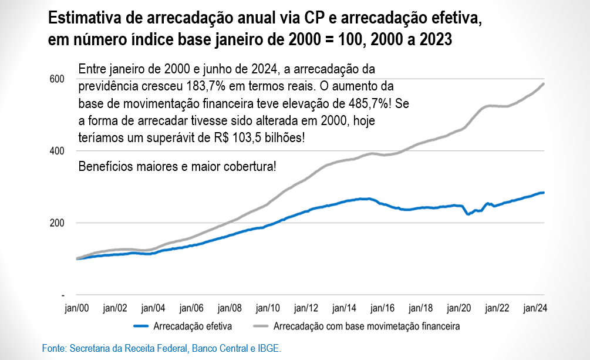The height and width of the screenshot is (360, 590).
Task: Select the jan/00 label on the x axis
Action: point(77,308)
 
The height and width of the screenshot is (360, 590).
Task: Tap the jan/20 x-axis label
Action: point(458,308)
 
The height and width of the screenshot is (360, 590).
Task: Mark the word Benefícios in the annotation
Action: point(104,166)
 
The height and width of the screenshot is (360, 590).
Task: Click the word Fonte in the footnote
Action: point(53,349)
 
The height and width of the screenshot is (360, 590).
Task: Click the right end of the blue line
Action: point(544,193)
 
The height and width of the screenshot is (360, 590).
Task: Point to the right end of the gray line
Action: point(544,83)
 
